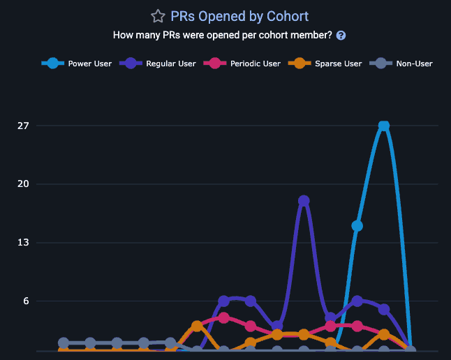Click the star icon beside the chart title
click(158, 16)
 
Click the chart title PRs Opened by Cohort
click(239, 16)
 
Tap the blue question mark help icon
click(341, 36)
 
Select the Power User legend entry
click(77, 63)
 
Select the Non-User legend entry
click(402, 63)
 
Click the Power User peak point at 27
click(383, 126)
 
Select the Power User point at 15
click(357, 225)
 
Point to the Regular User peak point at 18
click(304, 201)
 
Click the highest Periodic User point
click(223, 317)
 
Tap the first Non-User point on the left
click(64, 343)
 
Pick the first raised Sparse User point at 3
click(197, 326)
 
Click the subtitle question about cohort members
click(222, 36)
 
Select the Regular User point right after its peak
click(330, 317)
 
